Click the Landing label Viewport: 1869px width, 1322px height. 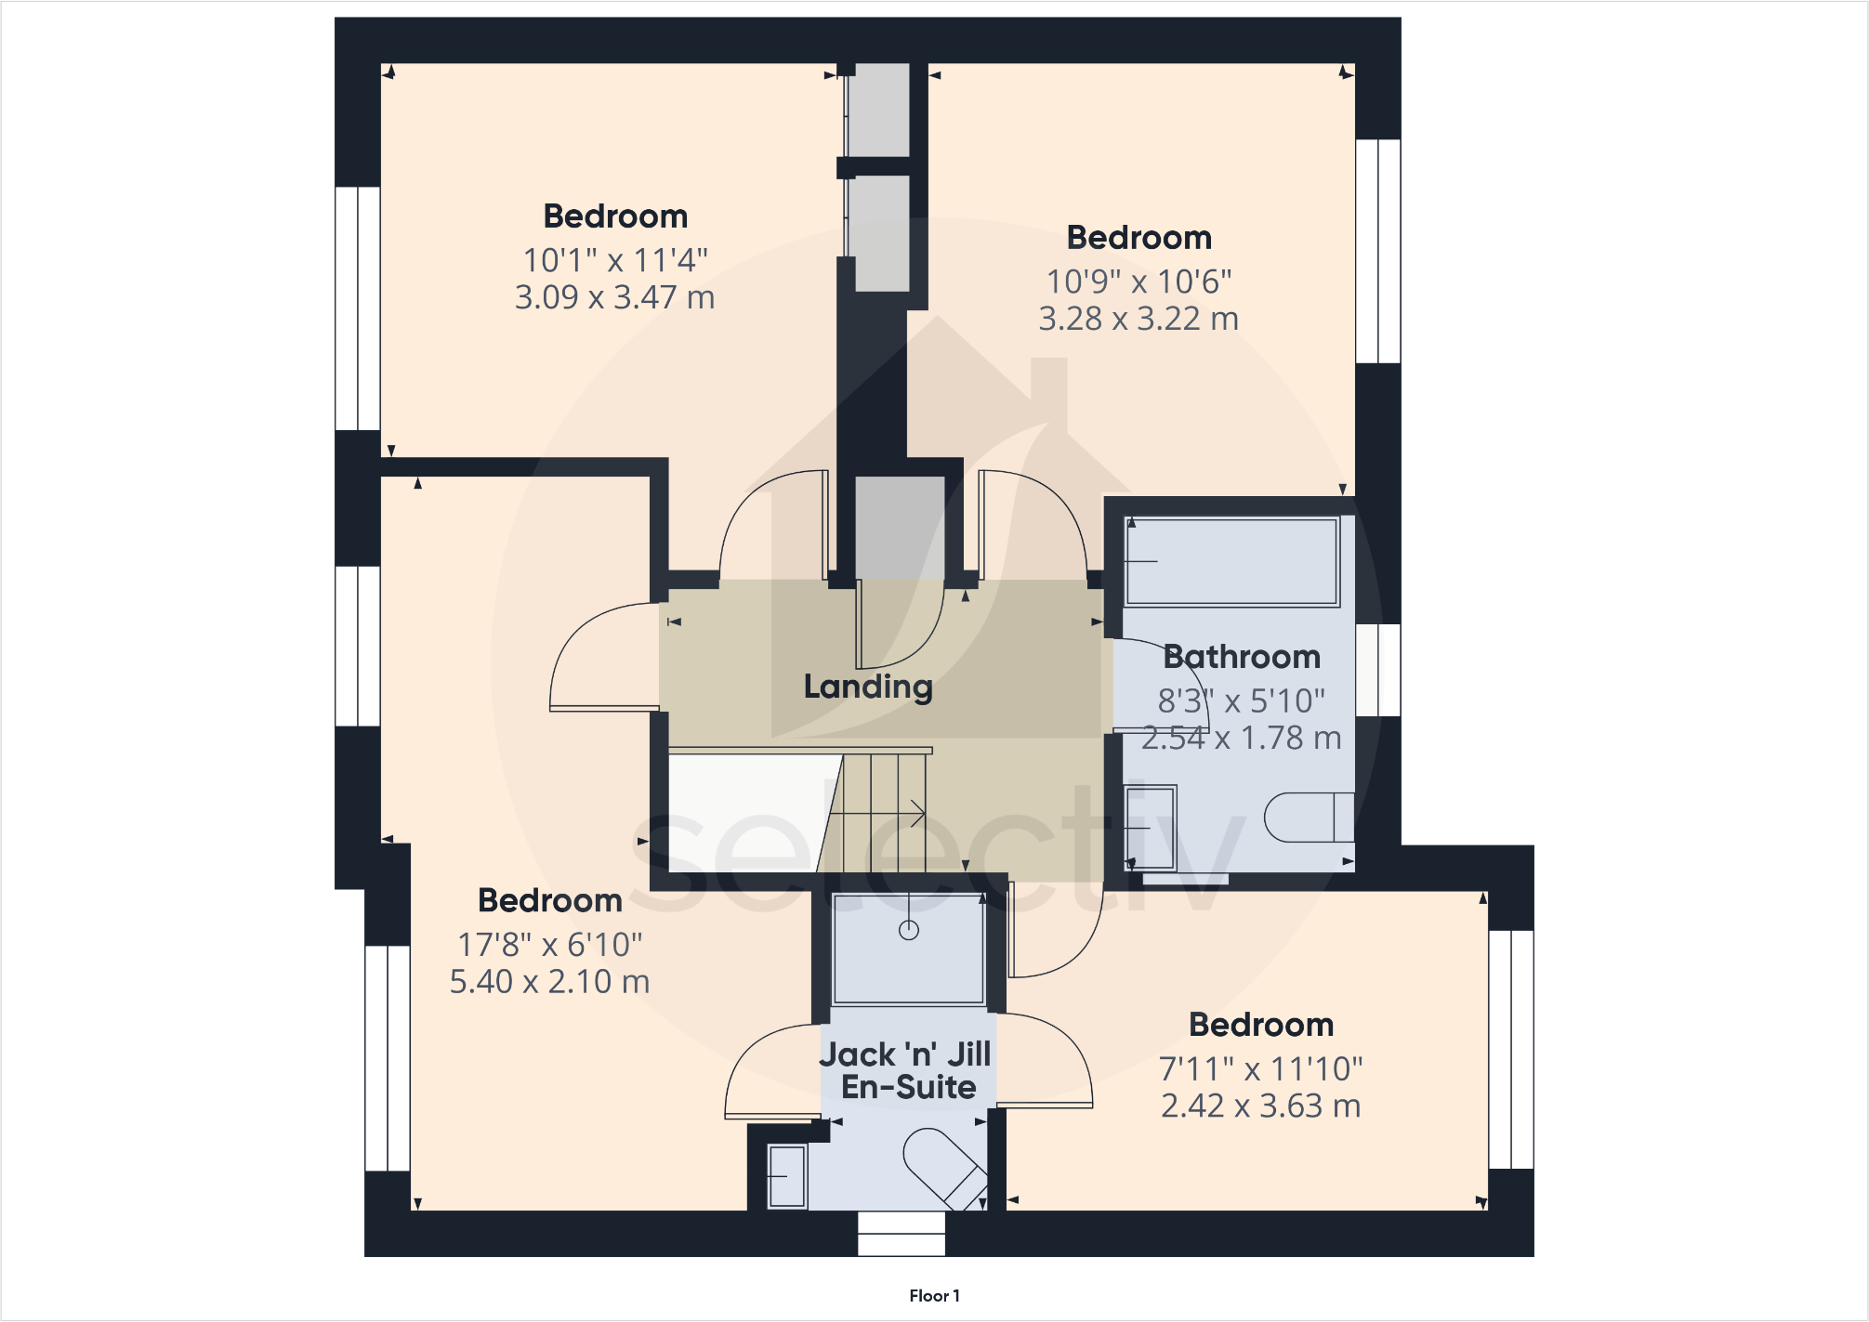pyautogui.click(x=868, y=687)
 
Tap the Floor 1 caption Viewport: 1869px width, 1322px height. pyautogui.click(x=934, y=1296)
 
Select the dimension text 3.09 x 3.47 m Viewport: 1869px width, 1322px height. pyautogui.click(x=614, y=297)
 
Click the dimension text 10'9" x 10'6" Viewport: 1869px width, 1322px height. pyautogui.click(x=1139, y=281)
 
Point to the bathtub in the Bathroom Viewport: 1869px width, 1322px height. pyautogui.click(x=1231, y=562)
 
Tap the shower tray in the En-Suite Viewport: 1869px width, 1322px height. pyautogui.click(x=908, y=949)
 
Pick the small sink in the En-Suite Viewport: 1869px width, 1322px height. pyautogui.click(x=787, y=1177)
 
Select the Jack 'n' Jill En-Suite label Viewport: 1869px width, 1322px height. pyautogui.click(x=906, y=1070)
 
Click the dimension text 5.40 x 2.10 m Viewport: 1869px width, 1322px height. pyautogui.click(x=549, y=982)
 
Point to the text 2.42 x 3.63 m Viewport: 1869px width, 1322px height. pyautogui.click(x=1260, y=1106)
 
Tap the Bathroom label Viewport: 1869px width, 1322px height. pyautogui.click(x=1241, y=657)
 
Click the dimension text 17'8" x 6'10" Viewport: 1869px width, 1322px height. pyautogui.click(x=549, y=945)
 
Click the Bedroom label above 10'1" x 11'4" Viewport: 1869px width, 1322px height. pyautogui.click(x=615, y=216)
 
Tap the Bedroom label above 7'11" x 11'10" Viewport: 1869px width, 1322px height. pyautogui.click(x=1260, y=1025)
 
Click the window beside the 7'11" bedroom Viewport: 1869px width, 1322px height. pyautogui.click(x=1510, y=1049)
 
